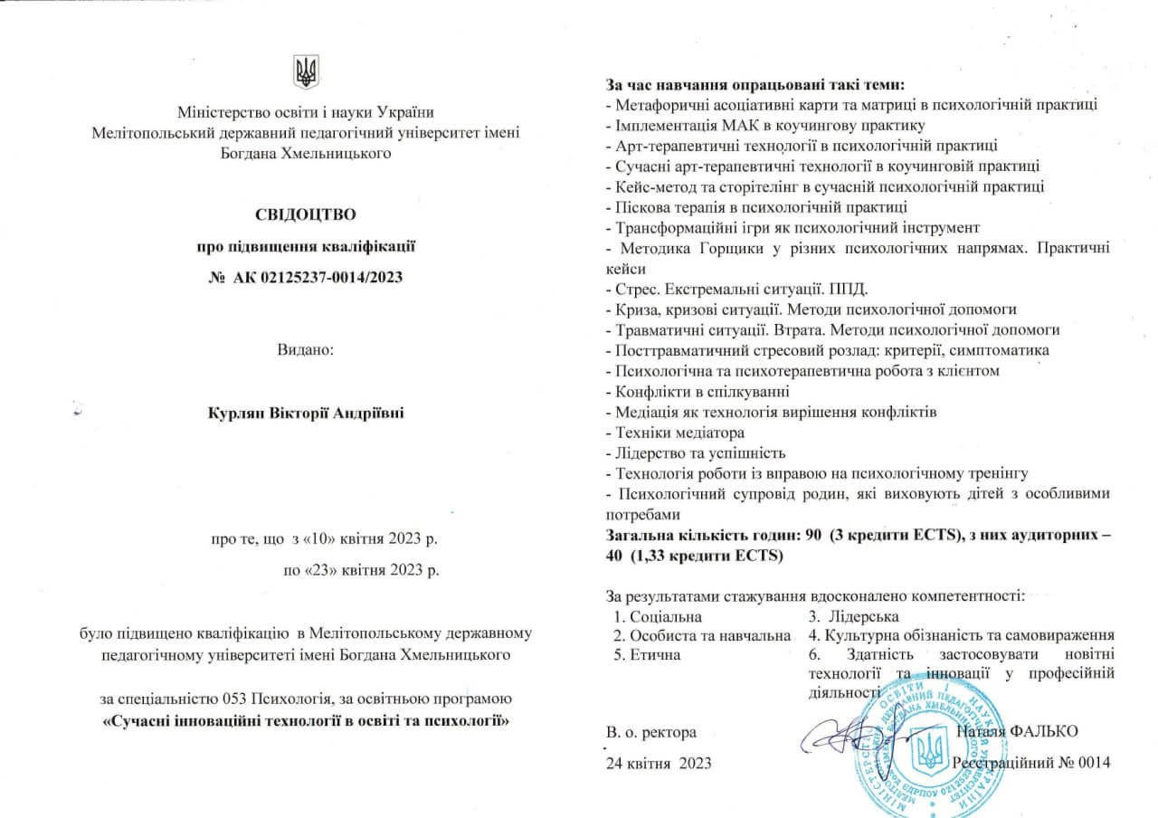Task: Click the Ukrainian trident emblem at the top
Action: tap(307, 71)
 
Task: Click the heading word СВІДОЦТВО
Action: tap(306, 214)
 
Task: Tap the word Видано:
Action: tap(306, 348)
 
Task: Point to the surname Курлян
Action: tap(234, 414)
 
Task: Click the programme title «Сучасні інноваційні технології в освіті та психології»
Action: tap(306, 721)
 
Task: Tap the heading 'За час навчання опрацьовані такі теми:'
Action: tap(755, 86)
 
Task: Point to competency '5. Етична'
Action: tap(647, 654)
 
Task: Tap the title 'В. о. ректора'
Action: tap(651, 731)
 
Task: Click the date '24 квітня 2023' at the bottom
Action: tap(659, 763)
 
